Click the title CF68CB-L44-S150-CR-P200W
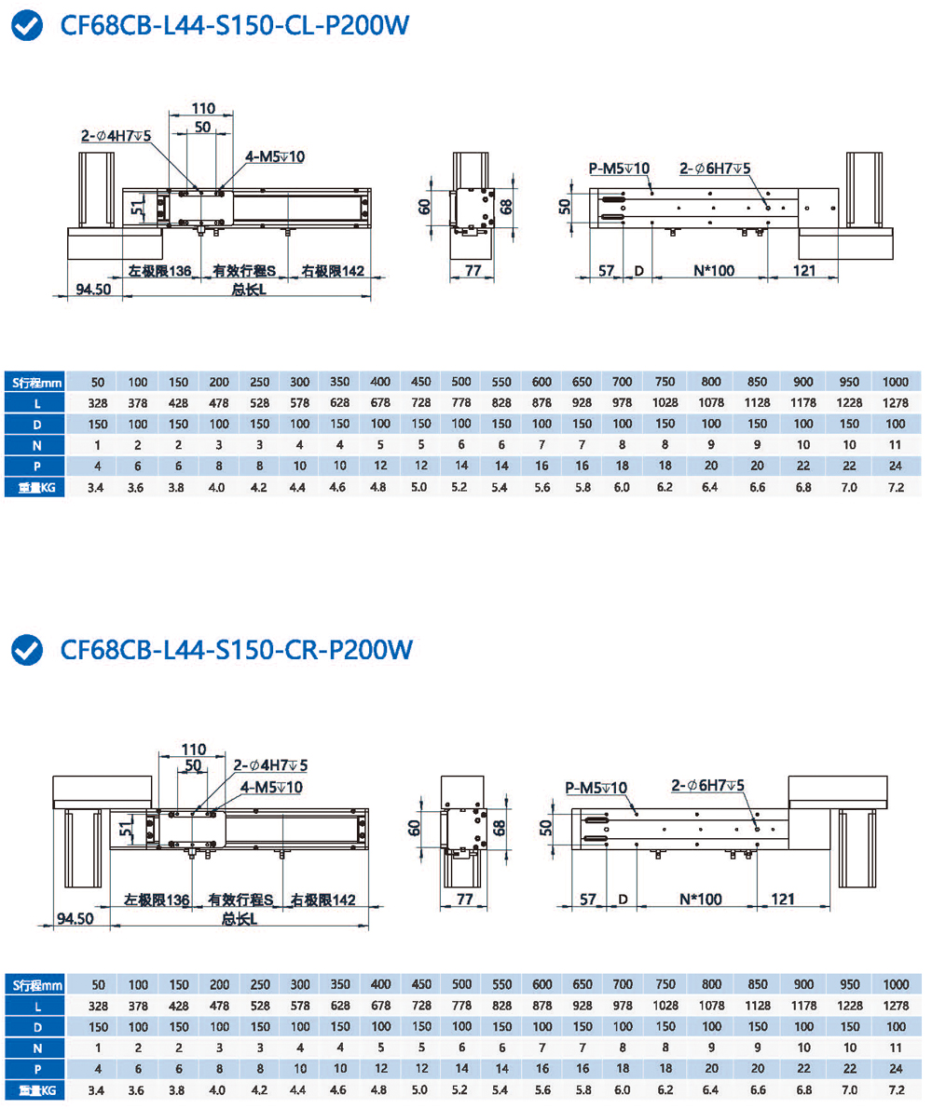pos(235,649)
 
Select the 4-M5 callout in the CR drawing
pos(271,786)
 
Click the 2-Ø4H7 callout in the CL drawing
pos(116,136)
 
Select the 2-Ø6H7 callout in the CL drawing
pos(715,169)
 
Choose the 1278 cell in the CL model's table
pos(895,403)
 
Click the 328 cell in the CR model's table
pos(98,1007)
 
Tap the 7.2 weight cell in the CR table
pos(895,1089)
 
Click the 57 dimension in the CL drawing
pos(607,271)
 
